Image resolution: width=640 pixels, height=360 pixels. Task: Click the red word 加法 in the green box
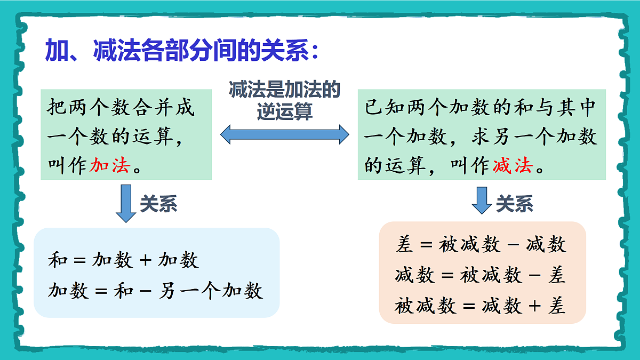pyautogui.click(x=110, y=166)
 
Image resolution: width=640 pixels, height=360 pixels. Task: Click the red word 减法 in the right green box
pyautogui.click(x=513, y=166)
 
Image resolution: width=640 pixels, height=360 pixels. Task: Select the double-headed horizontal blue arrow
pyautogui.click(x=285, y=134)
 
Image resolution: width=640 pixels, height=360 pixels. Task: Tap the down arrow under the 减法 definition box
pyautogui.click(x=482, y=201)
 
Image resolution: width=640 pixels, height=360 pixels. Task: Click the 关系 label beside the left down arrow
pyautogui.click(x=158, y=204)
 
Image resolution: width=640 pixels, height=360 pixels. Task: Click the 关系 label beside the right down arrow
pyautogui.click(x=515, y=204)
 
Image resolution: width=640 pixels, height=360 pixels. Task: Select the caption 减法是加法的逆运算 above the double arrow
pyautogui.click(x=285, y=101)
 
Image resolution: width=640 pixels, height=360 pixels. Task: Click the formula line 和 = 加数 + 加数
pyautogui.click(x=123, y=260)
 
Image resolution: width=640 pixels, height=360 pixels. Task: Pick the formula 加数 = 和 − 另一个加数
pyautogui.click(x=155, y=291)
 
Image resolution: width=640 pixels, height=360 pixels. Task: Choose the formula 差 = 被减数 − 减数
pyautogui.click(x=481, y=245)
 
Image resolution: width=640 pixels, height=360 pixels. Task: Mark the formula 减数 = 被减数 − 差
pyautogui.click(x=481, y=276)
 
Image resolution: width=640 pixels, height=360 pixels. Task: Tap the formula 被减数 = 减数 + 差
pyautogui.click(x=481, y=307)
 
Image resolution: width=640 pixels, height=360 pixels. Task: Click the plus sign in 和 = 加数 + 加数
pyautogui.click(x=145, y=261)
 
